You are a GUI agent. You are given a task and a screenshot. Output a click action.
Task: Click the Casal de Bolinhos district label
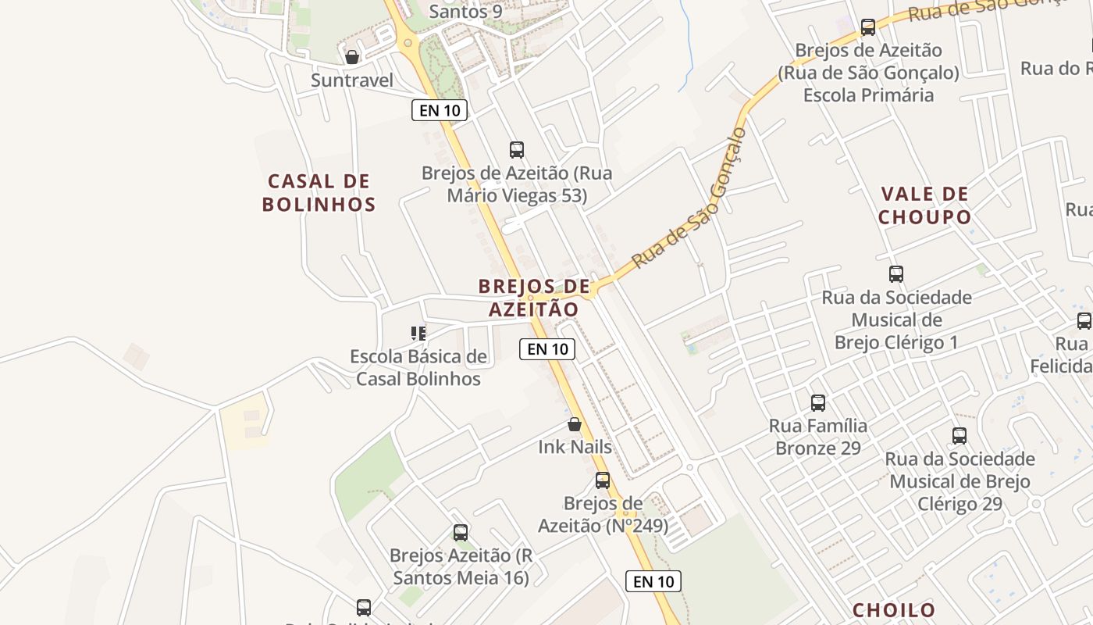(x=319, y=193)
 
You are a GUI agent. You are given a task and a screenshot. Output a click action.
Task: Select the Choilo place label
(x=894, y=610)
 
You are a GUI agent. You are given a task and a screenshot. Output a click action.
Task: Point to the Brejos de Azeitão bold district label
(x=534, y=298)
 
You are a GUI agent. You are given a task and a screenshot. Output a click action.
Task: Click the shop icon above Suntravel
(x=352, y=57)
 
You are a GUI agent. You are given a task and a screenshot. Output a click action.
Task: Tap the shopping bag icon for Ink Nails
(x=575, y=424)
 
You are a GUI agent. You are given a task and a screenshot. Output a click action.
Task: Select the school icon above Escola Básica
(x=418, y=334)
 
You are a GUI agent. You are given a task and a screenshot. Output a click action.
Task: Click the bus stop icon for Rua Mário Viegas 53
(x=516, y=149)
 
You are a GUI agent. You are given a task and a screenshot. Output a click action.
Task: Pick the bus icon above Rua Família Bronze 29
(x=817, y=403)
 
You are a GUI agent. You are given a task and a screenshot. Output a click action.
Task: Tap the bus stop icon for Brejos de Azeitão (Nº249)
(x=602, y=480)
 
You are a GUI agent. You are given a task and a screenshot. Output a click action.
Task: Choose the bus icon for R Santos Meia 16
(x=461, y=533)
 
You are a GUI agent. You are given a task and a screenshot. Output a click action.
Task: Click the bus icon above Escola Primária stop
(x=867, y=27)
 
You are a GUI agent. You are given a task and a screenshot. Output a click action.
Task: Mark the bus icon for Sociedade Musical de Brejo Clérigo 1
(x=895, y=274)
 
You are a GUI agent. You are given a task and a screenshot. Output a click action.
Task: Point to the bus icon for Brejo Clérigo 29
(x=959, y=436)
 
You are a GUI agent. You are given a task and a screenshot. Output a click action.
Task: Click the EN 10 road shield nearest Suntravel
(x=440, y=110)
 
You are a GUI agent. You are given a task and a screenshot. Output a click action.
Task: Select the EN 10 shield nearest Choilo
(x=653, y=581)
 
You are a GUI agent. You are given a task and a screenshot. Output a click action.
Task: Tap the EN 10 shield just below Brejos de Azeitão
(x=547, y=349)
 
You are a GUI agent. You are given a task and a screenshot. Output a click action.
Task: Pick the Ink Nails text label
(x=575, y=447)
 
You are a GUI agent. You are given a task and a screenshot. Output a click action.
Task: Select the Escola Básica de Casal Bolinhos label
(x=418, y=368)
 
